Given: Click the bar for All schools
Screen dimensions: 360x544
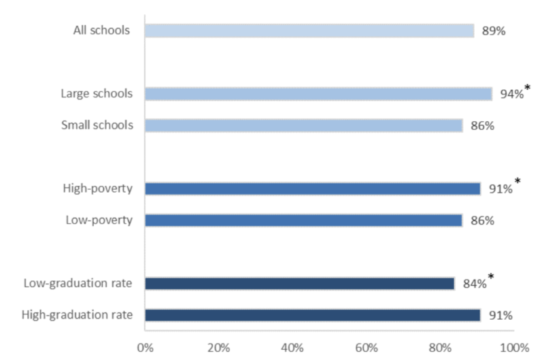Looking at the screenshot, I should click(x=309, y=31).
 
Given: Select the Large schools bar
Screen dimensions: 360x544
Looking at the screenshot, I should click(x=318, y=94).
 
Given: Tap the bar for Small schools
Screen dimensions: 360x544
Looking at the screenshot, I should click(x=304, y=126).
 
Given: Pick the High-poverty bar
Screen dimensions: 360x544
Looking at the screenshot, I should click(x=313, y=189).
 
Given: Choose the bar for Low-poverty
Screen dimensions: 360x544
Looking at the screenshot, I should click(x=304, y=220).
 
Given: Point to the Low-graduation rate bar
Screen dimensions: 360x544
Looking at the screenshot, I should click(x=300, y=283).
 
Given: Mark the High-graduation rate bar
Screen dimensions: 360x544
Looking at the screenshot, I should click(x=313, y=315).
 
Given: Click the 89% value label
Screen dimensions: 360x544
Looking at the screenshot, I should click(x=494, y=31).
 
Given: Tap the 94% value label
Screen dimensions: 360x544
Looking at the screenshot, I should click(x=511, y=95).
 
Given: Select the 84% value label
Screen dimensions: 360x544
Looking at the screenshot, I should click(x=474, y=284).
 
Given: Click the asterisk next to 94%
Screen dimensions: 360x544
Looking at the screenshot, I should click(x=527, y=88).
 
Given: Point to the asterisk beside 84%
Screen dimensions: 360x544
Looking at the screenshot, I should click(x=490, y=277).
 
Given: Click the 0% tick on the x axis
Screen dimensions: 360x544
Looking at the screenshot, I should click(x=145, y=348).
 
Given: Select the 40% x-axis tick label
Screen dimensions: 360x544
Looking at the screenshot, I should click(x=292, y=348).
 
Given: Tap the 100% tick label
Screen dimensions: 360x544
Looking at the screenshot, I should click(x=514, y=348).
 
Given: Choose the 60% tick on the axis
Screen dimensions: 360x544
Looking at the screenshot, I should click(x=367, y=348).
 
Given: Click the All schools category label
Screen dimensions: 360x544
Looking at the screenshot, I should click(x=101, y=31).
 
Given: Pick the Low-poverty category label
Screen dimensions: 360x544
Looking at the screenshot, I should click(x=99, y=220).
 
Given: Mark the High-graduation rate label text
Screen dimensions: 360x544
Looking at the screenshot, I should click(x=77, y=315).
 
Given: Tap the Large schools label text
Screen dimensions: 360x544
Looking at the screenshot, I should click(x=97, y=94).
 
